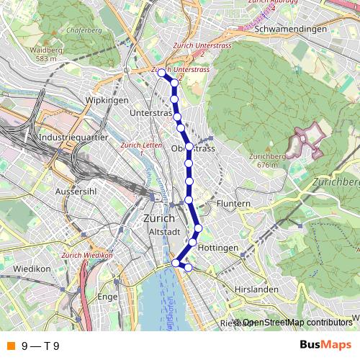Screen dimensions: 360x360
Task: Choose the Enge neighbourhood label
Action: (107, 297)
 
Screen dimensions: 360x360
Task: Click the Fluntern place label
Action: (233, 204)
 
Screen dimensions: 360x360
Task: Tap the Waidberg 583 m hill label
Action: (43, 54)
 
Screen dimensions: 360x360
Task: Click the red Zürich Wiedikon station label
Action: (88, 256)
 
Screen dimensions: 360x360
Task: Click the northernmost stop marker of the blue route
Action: (161, 72)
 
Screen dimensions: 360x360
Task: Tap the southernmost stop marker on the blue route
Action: (189, 268)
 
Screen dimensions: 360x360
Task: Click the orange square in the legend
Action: (10, 346)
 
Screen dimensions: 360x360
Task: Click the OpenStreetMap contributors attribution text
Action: (297, 323)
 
